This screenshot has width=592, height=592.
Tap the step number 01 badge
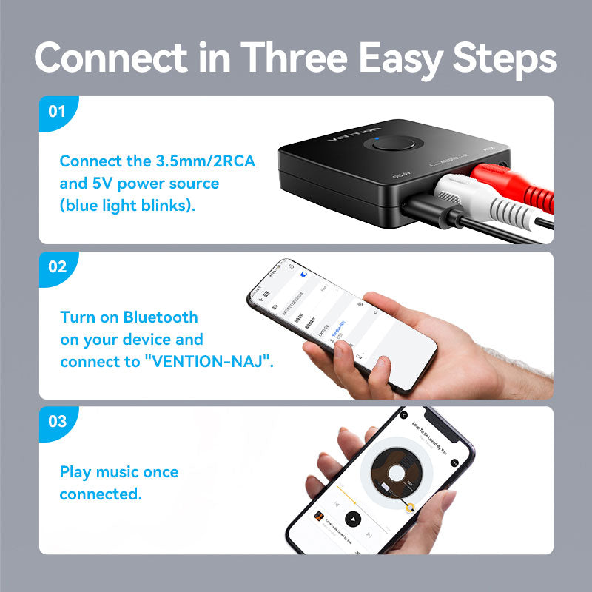point(57,112)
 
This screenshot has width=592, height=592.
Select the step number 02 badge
point(57,267)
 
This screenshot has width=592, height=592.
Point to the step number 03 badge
point(57,422)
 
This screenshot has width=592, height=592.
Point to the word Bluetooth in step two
point(161,317)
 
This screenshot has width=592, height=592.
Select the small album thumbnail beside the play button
point(318,515)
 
